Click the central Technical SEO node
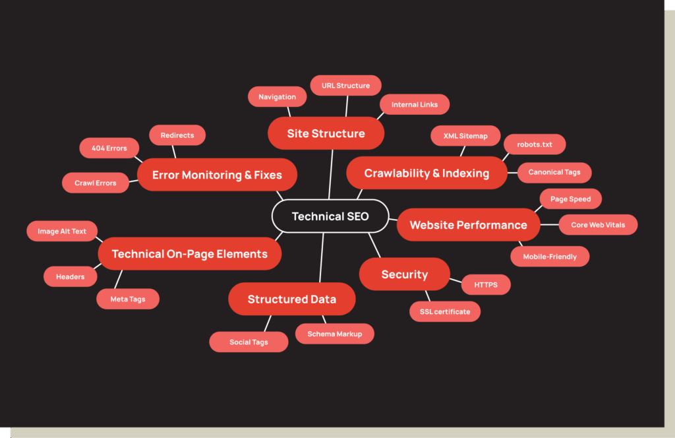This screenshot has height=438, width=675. coord(330,216)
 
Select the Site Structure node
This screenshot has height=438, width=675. coord(326,134)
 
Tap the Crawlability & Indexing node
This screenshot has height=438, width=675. coord(426,173)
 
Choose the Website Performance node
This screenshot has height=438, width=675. coord(468,225)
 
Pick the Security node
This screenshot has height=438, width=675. coord(404,274)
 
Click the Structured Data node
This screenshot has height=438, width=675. coord(291,299)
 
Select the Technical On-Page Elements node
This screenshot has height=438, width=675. coord(189,254)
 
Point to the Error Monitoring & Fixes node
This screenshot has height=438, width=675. coord(217,175)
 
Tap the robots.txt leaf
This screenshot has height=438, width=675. coord(535,144)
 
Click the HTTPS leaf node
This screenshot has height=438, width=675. coord(486,285)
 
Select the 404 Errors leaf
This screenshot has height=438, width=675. coord(109,148)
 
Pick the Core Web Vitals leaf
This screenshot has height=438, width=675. coord(598,225)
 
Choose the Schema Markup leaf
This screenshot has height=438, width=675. coord(334,334)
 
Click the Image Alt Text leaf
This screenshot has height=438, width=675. coord(62,232)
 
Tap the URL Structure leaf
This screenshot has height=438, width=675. coord(345,86)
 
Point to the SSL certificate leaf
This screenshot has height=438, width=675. coord(445,311)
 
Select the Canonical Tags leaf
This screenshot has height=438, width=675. coord(554,172)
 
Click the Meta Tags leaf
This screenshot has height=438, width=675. coord(128,299)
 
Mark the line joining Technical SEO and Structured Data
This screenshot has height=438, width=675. coord(322,259)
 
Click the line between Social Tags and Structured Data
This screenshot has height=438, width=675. coord(267,323)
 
